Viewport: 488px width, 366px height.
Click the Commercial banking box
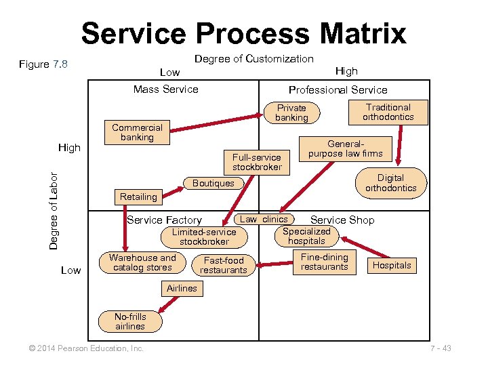point(137,132)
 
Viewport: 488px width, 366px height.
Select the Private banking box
point(291,113)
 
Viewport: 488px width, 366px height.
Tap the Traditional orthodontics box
point(388,112)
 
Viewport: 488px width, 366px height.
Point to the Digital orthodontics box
point(390,183)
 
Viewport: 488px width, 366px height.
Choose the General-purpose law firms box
point(346,148)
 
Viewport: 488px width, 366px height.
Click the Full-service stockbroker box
point(257,162)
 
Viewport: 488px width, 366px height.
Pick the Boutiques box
point(213,183)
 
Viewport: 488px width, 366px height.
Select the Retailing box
point(138,197)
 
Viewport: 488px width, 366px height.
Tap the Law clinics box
point(264,219)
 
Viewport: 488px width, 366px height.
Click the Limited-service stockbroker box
point(204,237)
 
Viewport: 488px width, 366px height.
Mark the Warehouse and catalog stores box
point(142,262)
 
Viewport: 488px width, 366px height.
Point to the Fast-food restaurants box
point(224,265)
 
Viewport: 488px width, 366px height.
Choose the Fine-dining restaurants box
point(325,262)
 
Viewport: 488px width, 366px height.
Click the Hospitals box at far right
point(392,265)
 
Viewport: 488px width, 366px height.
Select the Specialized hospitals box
point(306,236)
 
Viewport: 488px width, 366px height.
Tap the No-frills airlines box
point(130,321)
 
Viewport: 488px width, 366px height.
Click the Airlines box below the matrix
point(182,288)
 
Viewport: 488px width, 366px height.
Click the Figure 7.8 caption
point(43,64)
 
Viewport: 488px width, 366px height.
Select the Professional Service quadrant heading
point(338,89)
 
